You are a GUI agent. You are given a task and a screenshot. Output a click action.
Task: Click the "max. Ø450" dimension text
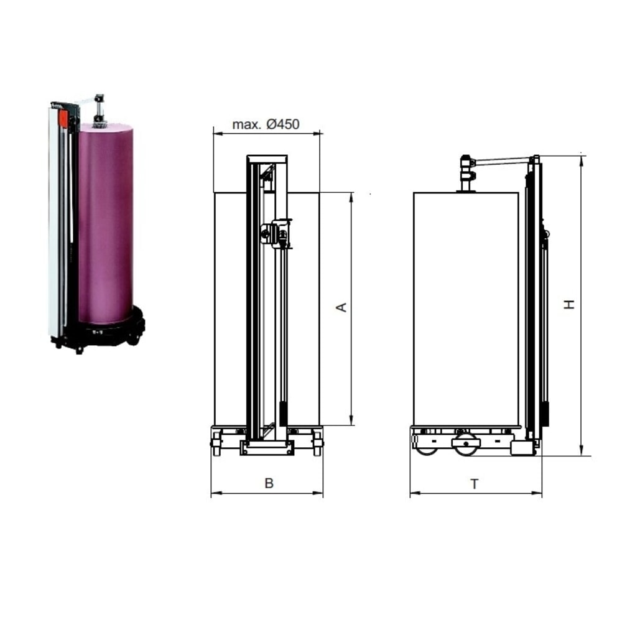tap(266, 124)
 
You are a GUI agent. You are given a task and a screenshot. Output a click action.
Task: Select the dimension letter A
tap(341, 307)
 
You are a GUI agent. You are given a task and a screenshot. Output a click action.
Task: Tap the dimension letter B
tap(269, 483)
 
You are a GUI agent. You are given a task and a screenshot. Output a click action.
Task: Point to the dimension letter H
tap(569, 304)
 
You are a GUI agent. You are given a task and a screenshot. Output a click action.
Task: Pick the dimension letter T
tap(474, 484)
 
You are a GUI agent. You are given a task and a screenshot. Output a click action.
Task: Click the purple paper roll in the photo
tap(105, 224)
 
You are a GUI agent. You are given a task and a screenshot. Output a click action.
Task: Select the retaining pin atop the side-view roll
tap(466, 174)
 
